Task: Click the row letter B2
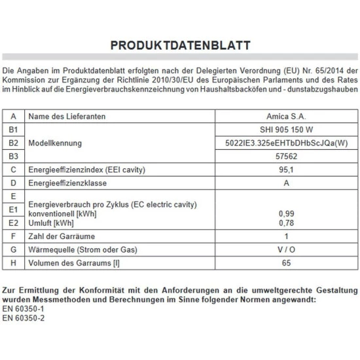14,143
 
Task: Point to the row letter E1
14,209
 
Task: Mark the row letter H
14,264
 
